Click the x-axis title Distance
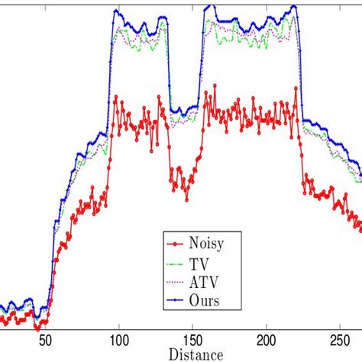pos(196,354)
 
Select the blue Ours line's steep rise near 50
pos(53,252)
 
